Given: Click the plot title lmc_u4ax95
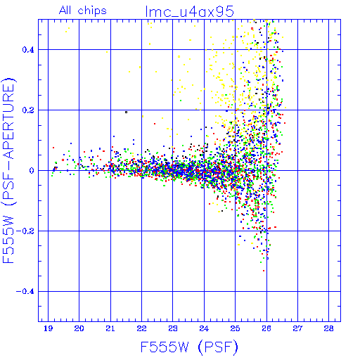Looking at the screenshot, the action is (189, 12).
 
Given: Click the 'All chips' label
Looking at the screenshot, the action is (83, 11).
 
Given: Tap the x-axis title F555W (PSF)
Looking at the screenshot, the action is (189, 347).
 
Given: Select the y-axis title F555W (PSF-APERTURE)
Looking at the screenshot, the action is (8, 170).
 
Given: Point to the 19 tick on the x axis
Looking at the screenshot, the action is (48, 328).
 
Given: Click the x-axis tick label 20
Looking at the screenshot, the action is (79, 328).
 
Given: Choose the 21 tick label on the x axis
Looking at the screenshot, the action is (110, 328).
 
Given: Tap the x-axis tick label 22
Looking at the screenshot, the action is (141, 328).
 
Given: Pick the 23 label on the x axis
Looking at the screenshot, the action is (173, 328).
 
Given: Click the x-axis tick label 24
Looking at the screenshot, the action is (204, 328).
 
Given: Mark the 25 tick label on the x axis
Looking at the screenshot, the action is (236, 328).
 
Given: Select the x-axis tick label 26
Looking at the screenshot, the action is (266, 328).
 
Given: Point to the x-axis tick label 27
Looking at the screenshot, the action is (297, 328).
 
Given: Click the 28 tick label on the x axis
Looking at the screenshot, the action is (329, 328).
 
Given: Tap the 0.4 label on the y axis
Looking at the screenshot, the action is (28, 50).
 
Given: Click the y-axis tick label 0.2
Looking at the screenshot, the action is (28, 110).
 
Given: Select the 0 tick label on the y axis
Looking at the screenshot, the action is (32, 171).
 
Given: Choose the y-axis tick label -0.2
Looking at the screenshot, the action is (25, 231).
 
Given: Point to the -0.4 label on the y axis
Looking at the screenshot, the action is (25, 292).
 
